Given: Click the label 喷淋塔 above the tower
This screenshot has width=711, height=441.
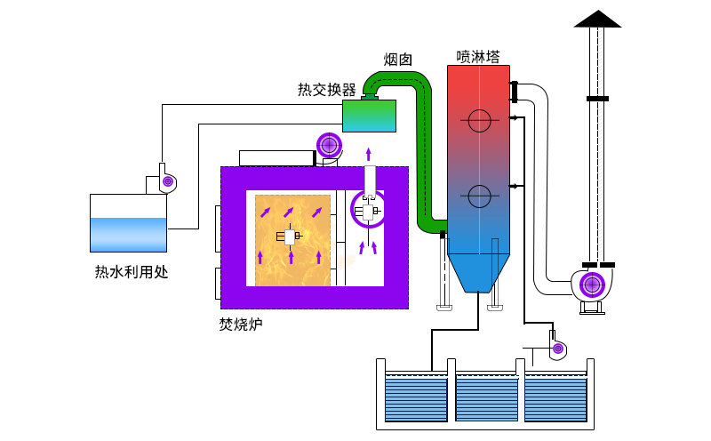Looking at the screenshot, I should tap(478, 56).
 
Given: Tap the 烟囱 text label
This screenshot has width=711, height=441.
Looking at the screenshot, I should tap(397, 60).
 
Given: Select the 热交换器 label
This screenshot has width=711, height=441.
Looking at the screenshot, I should tap(326, 90).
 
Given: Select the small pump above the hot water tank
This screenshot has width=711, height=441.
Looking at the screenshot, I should tap(166, 181).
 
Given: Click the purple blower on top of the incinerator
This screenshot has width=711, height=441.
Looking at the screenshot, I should tap(330, 145).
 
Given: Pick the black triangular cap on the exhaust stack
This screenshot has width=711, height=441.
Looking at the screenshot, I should tap(598, 19).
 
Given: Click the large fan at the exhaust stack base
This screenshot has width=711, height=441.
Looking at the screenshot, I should tap(592, 285).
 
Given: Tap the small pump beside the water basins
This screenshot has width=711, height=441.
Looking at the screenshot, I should tap(557, 348).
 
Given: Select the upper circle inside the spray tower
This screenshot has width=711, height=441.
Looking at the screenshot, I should tap(479, 119).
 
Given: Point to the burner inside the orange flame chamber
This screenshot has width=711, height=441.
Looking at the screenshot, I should tap(290, 237).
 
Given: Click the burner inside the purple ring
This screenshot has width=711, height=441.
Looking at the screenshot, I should tap(368, 211).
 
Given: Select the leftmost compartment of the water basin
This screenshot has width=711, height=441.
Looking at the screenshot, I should tap(416, 397).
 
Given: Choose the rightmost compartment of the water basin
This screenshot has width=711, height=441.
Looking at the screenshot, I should tap(555, 397).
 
